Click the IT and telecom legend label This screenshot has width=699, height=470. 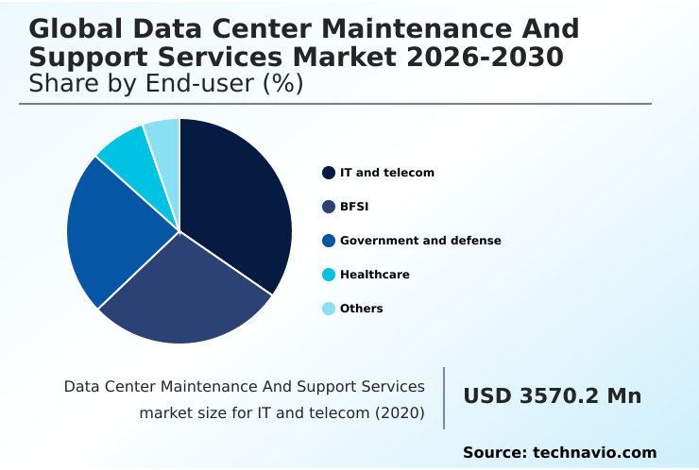[387, 173]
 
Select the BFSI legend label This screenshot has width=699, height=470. [354, 207]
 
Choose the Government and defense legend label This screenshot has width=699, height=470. [420, 241]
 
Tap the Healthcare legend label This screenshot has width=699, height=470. [375, 275]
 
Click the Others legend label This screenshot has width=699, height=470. [362, 309]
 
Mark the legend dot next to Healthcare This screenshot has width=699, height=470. [329, 275]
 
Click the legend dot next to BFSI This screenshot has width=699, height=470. [329, 207]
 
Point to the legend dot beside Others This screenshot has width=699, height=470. [329, 309]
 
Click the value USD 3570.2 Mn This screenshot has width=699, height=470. [552, 396]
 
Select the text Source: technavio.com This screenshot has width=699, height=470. [559, 453]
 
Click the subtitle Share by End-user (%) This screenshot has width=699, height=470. [166, 84]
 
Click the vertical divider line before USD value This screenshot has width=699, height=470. [444, 398]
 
